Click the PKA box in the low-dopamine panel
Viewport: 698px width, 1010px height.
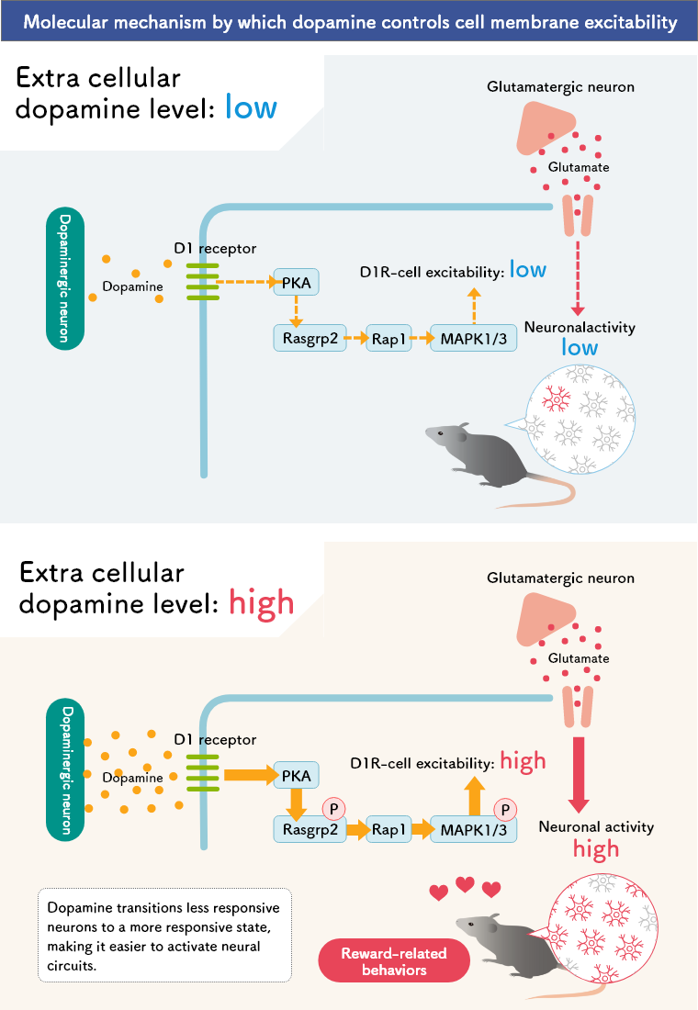pyautogui.click(x=296, y=283)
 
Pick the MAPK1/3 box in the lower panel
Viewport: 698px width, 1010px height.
pyautogui.click(x=472, y=829)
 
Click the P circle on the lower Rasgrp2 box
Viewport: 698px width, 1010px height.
pyautogui.click(x=333, y=809)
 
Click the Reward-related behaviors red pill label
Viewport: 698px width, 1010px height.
pyautogui.click(x=393, y=961)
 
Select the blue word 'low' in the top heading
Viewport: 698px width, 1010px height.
pyautogui.click(x=251, y=107)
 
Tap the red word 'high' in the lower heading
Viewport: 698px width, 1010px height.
pyautogui.click(x=261, y=603)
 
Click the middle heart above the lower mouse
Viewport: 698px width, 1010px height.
pyautogui.click(x=466, y=884)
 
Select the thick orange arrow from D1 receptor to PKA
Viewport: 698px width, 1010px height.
pyautogui.click(x=248, y=776)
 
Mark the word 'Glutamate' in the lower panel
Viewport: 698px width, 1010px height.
pyautogui.click(x=578, y=658)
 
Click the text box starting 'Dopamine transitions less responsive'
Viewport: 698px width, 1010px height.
pyautogui.click(x=164, y=934)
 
